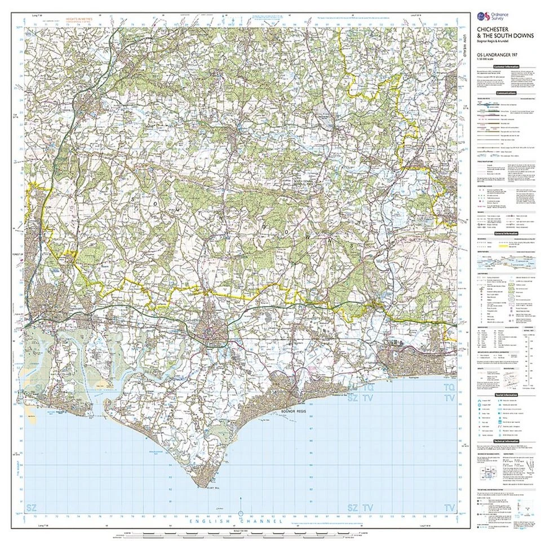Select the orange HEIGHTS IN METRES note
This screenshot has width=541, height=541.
78,19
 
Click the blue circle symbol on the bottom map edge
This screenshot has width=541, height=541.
241,513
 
